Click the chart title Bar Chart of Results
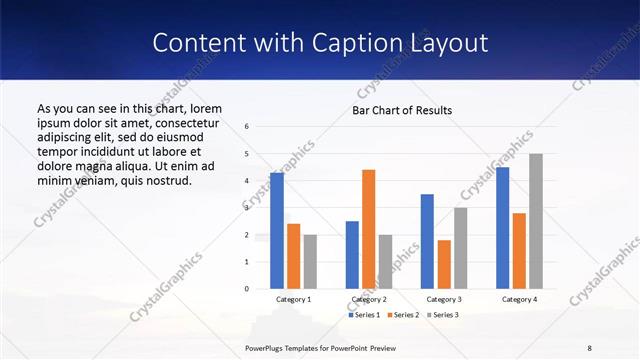click(401, 110)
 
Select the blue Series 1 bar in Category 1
click(277, 231)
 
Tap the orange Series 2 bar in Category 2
click(368, 229)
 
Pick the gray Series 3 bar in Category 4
click(536, 221)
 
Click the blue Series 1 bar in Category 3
click(427, 241)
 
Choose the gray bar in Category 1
click(311, 261)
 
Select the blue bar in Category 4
click(502, 228)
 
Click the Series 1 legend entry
click(364, 315)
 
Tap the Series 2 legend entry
click(402, 315)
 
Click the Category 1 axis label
click(294, 299)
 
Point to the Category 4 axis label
click(519, 299)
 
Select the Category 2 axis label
click(369, 299)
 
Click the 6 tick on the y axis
click(247, 127)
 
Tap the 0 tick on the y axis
click(247, 289)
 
